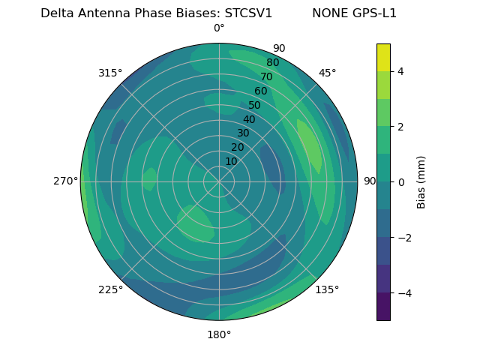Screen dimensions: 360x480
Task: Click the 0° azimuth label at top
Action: click(x=219, y=28)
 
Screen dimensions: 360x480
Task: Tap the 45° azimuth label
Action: click(x=327, y=73)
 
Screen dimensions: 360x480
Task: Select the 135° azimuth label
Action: click(x=327, y=289)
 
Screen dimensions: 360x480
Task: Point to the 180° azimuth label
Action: click(x=219, y=334)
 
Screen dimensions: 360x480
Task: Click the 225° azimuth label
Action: click(x=110, y=289)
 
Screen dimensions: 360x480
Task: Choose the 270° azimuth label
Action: click(x=65, y=181)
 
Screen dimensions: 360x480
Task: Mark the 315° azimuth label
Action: click(x=110, y=73)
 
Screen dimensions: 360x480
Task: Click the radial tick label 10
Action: click(x=231, y=161)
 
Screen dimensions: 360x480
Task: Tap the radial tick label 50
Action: click(x=255, y=105)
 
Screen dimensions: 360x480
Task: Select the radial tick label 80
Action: click(x=273, y=62)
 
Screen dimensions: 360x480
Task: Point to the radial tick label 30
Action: click(x=243, y=133)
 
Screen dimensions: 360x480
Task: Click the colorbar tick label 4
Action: click(x=400, y=71)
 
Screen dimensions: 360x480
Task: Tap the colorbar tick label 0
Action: click(x=400, y=182)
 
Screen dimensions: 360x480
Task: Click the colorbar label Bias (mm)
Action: click(x=421, y=181)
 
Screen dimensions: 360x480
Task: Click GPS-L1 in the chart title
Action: click(x=373, y=13)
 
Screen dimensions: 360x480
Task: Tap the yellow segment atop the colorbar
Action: click(x=383, y=57)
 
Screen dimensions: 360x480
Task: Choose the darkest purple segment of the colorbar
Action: click(x=383, y=306)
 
